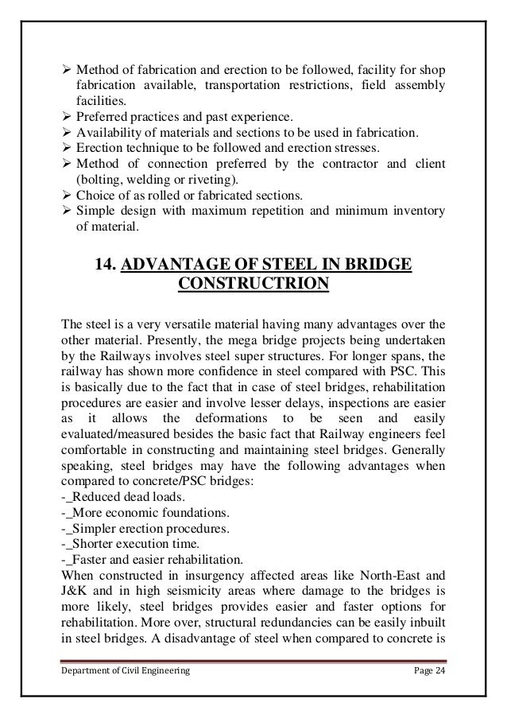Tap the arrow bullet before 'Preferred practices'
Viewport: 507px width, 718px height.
(x=67, y=117)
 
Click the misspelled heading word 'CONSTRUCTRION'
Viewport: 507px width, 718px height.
(x=253, y=285)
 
